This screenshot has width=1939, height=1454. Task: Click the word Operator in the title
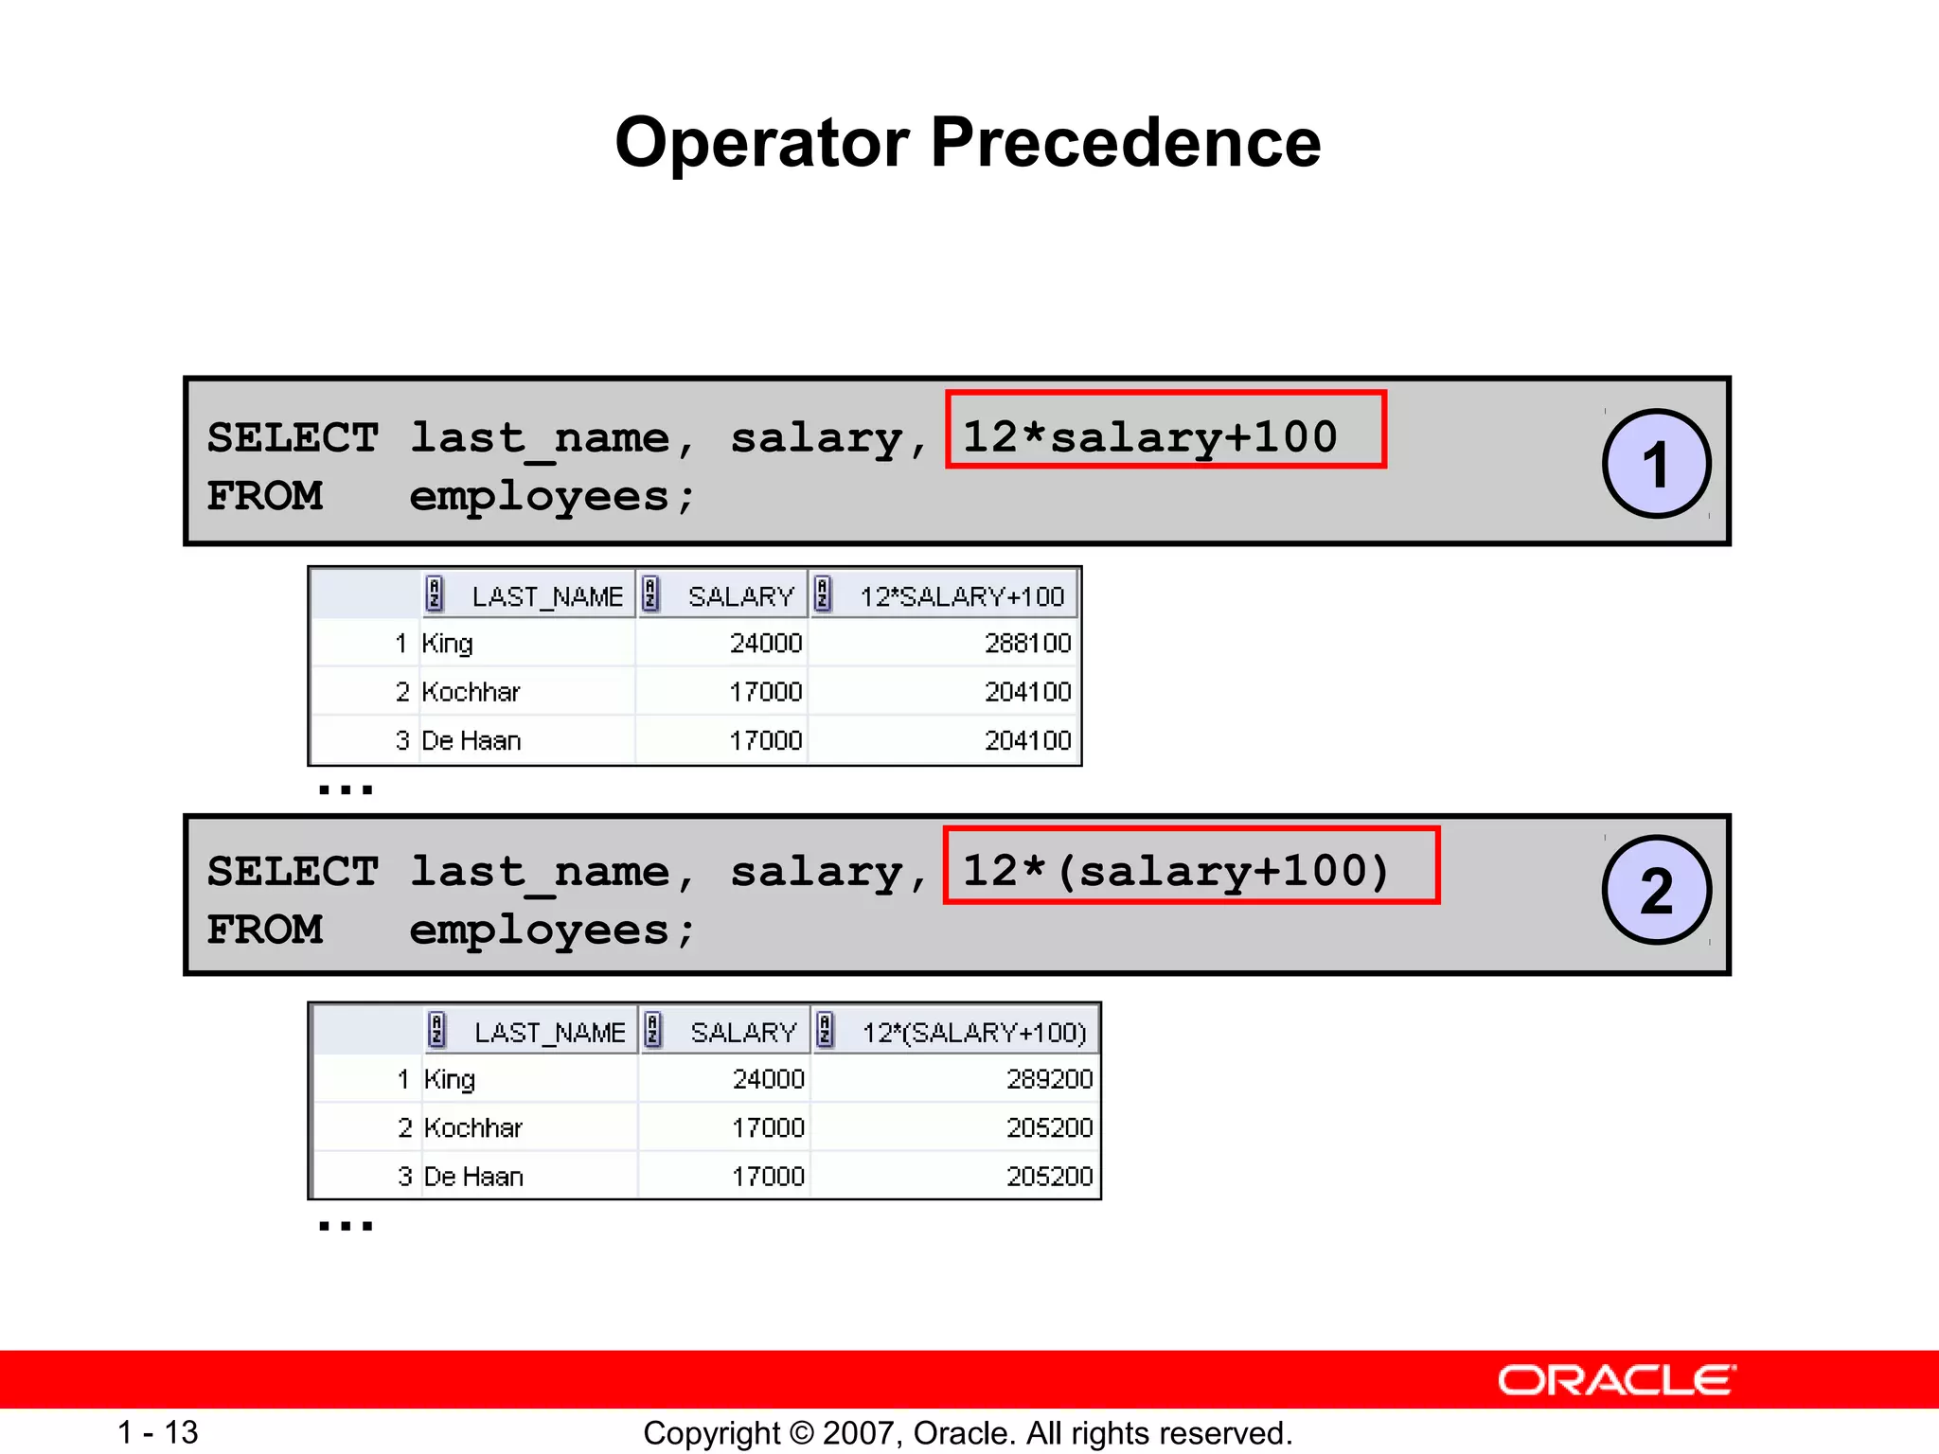click(762, 143)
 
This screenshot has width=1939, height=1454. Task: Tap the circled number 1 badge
click(1656, 464)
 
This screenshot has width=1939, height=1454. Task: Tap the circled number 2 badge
click(1656, 890)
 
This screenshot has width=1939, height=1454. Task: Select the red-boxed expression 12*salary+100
click(1165, 430)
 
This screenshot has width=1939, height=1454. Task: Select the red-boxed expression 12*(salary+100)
click(1190, 865)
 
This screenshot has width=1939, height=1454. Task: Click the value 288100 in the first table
click(1027, 644)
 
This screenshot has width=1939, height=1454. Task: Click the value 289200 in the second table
click(1049, 1079)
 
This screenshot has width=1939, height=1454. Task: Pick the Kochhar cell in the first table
click(471, 692)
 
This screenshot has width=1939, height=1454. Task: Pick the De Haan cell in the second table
click(473, 1177)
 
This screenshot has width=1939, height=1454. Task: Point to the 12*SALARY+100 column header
click(961, 596)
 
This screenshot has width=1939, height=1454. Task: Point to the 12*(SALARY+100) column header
click(973, 1032)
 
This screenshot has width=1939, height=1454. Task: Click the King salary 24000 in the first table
click(765, 644)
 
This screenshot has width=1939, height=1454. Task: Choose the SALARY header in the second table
click(743, 1032)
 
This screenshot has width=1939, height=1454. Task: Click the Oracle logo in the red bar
click(1617, 1380)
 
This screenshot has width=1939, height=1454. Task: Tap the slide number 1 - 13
click(157, 1432)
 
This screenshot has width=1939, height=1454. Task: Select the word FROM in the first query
click(265, 496)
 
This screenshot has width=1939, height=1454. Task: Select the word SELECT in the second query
click(293, 871)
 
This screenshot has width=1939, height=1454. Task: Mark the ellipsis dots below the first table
click(346, 789)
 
